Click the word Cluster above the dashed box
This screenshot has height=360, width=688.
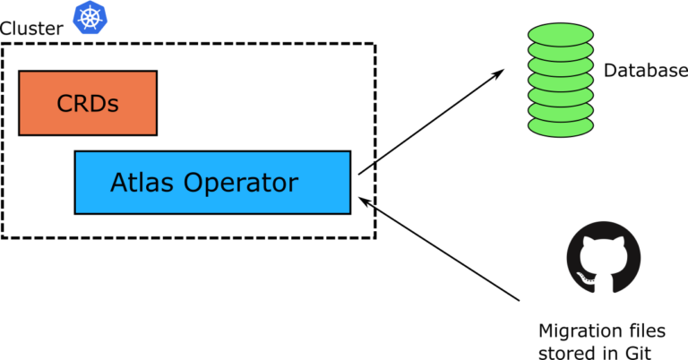pos(31,28)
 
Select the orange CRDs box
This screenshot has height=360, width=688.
pos(88,103)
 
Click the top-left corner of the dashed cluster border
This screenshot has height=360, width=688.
pos(3,44)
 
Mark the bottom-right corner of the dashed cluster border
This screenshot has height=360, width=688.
pos(374,237)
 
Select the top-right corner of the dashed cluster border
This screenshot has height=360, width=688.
pos(374,44)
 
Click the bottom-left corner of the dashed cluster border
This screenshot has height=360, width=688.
pos(3,237)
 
